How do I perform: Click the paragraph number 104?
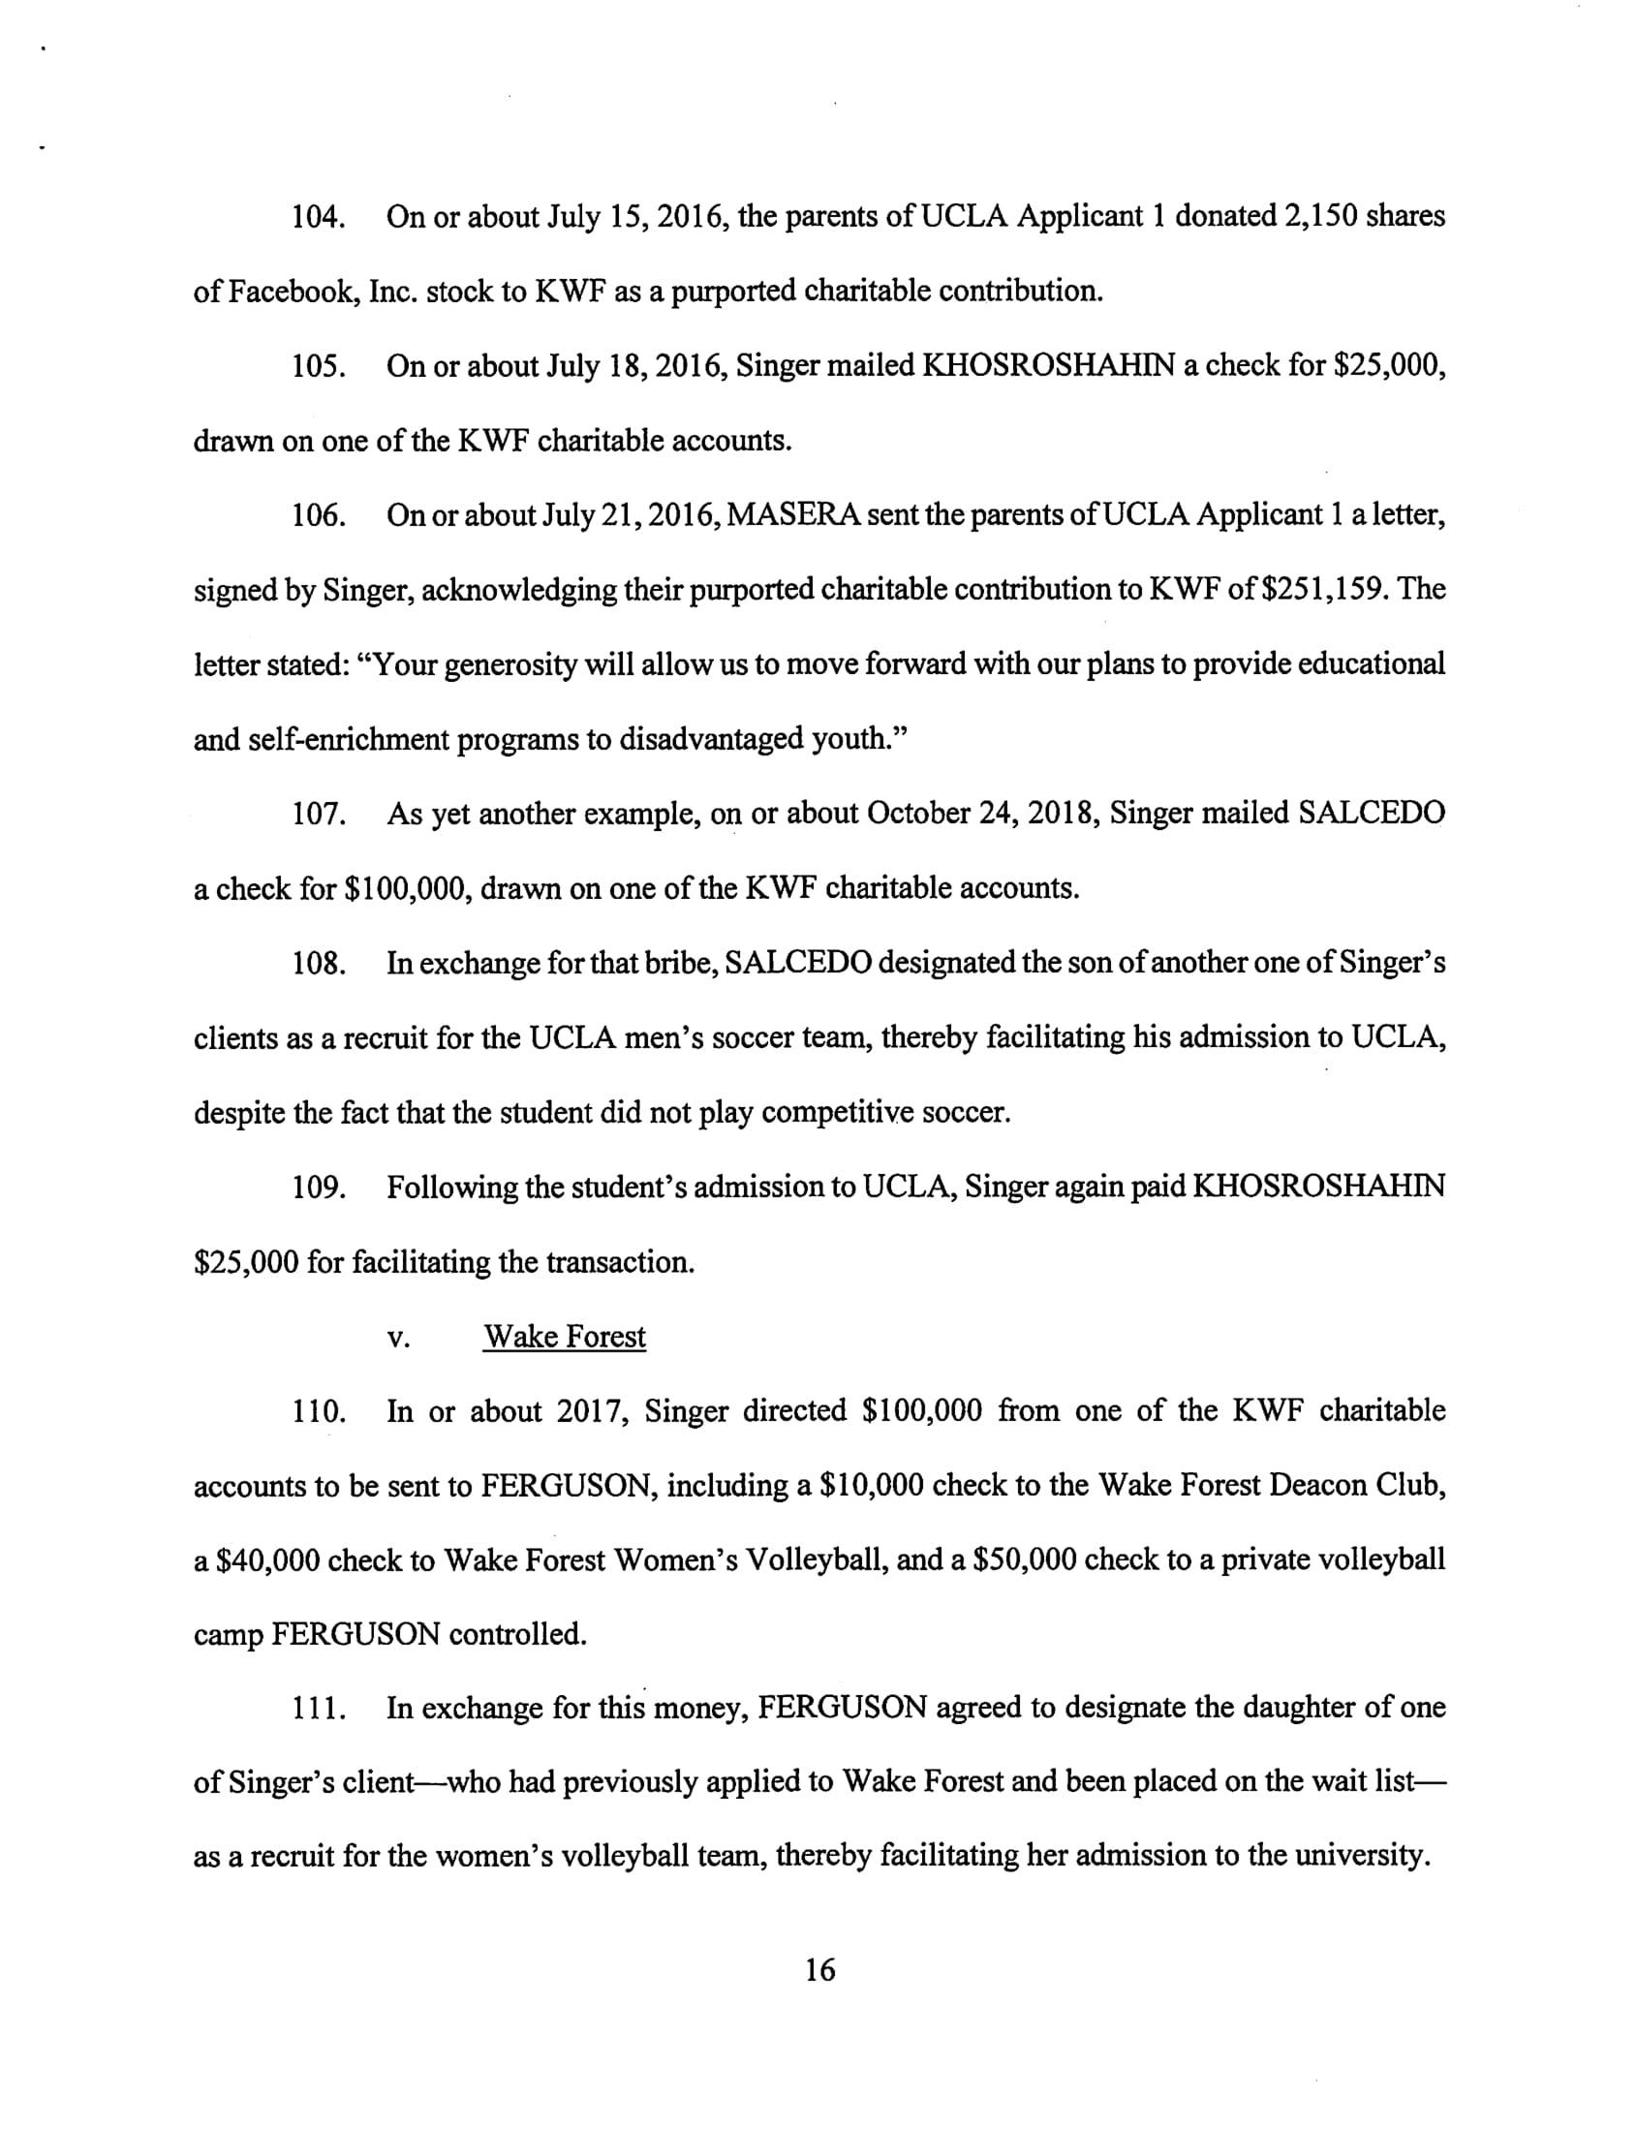click(x=320, y=217)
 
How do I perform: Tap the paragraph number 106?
click(x=320, y=515)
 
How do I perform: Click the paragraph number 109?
click(x=320, y=1188)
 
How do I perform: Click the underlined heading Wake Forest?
click(x=565, y=1337)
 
